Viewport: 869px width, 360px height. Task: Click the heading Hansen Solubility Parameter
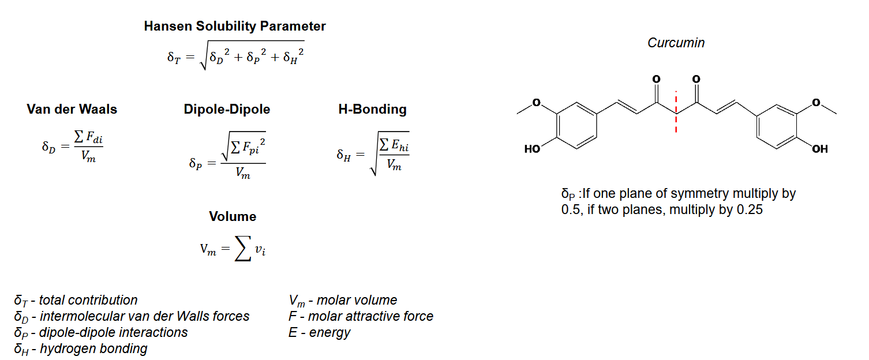235,26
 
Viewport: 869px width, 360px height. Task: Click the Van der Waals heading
72,109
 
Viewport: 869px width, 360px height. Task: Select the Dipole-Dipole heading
227,109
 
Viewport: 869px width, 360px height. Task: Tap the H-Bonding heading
372,109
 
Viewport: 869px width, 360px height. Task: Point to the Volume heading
233,216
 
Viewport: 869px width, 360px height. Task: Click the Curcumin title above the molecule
676,43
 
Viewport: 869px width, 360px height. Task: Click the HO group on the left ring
532,149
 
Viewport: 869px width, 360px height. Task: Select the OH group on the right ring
819,149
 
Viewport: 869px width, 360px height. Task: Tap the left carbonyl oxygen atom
656,78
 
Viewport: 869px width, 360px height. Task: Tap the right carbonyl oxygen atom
696,78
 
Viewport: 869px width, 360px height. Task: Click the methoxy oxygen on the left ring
536,103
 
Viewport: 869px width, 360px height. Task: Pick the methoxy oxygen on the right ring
816,103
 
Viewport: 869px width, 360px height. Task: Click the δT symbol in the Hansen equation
174,57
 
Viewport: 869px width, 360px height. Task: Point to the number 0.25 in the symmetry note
750,209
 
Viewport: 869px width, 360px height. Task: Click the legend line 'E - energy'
319,332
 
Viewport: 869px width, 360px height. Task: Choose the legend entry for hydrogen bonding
81,348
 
